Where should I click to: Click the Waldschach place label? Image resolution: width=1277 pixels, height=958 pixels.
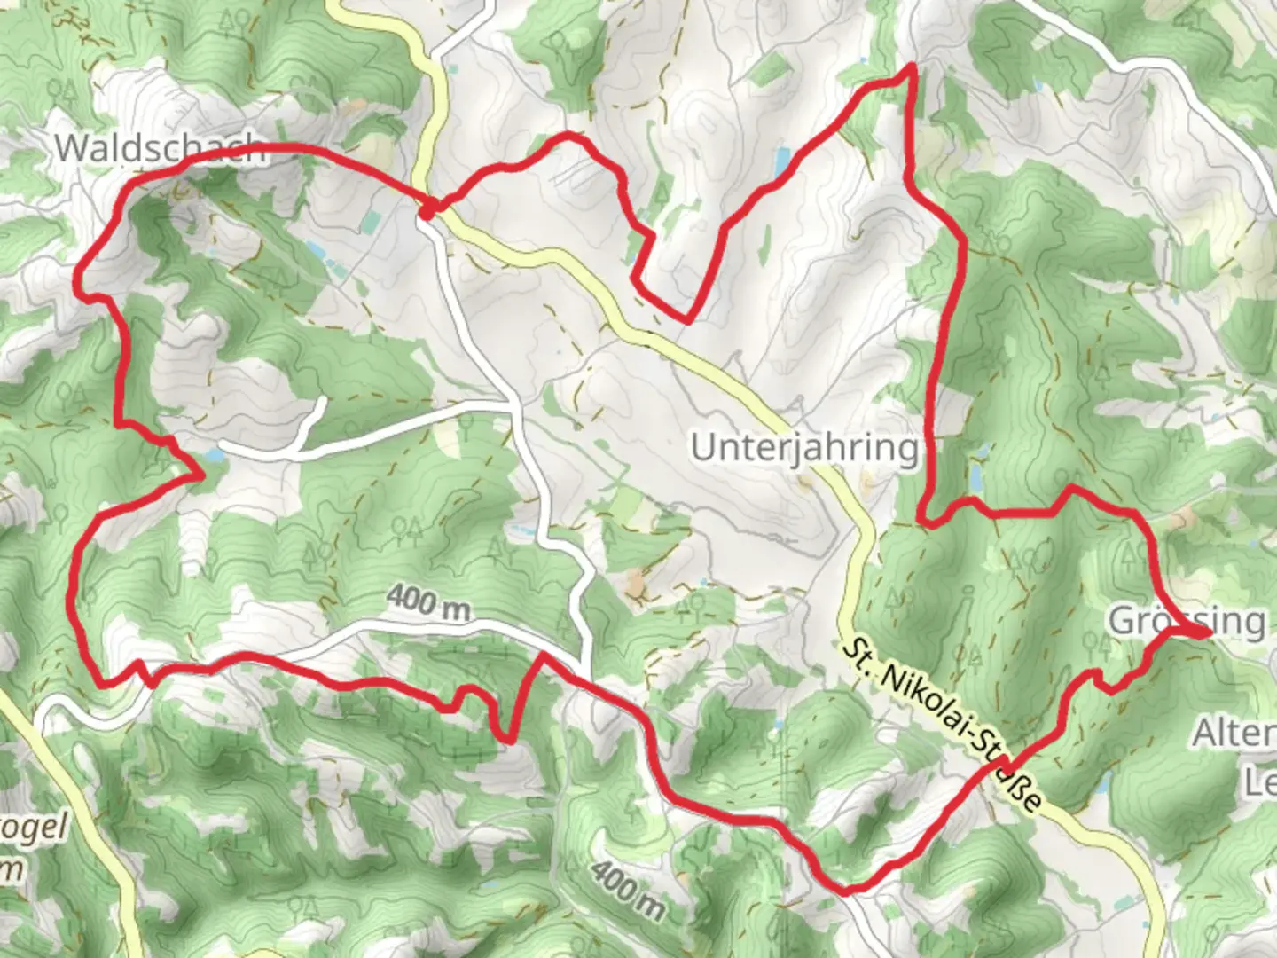coord(160,148)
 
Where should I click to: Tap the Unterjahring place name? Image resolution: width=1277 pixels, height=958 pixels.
coord(804,448)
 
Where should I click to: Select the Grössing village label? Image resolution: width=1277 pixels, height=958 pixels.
coord(1187,620)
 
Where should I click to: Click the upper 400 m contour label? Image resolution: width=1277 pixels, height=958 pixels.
coord(427,605)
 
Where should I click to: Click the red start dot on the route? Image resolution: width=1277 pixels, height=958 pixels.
coord(427,211)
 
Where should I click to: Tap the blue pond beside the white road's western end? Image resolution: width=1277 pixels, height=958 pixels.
coord(213,456)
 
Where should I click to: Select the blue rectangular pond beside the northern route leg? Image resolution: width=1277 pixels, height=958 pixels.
coord(781,161)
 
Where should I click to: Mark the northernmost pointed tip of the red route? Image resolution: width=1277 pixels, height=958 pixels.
coord(909,67)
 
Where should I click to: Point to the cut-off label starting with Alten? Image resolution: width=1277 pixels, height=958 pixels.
coord(1234,734)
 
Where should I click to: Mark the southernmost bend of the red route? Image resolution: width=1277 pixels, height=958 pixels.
coord(845,889)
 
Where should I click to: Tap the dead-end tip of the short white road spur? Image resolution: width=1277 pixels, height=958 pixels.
coord(321,401)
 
